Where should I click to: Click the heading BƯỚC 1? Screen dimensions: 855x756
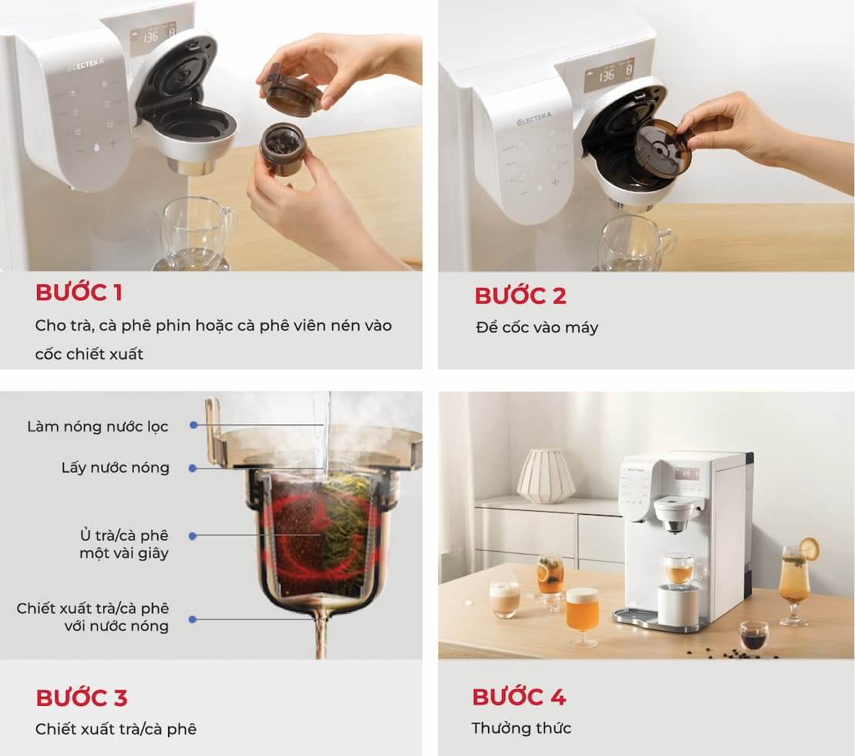[79, 293]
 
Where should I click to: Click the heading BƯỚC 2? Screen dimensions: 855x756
[520, 296]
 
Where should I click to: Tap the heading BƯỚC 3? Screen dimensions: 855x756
[81, 697]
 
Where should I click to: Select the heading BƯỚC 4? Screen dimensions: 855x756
[519, 697]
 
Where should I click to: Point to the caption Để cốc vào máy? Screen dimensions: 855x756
[537, 327]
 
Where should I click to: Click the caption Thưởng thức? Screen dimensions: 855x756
[521, 728]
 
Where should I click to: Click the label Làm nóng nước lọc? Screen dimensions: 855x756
[98, 426]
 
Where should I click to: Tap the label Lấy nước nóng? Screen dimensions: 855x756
[115, 468]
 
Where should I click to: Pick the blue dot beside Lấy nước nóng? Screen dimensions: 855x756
[193, 469]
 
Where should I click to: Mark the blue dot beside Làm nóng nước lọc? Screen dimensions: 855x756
[194, 425]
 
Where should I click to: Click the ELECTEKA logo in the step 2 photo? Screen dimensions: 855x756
[534, 119]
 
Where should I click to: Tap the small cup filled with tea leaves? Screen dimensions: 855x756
[282, 147]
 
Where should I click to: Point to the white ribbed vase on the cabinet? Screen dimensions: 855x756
[546, 475]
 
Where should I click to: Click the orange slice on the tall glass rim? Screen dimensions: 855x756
[810, 549]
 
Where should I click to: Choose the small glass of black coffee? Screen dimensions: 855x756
[753, 636]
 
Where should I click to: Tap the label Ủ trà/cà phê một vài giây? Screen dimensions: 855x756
[124, 544]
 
